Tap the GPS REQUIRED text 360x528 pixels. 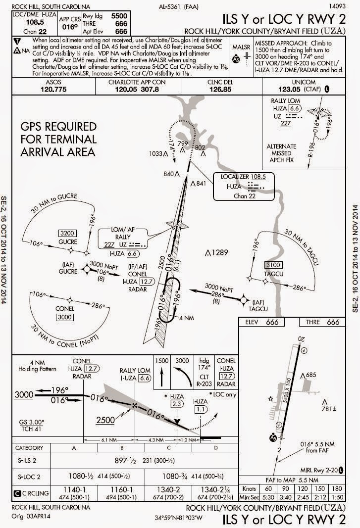[x=58, y=127]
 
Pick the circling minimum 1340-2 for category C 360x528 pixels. [x=159, y=490]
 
